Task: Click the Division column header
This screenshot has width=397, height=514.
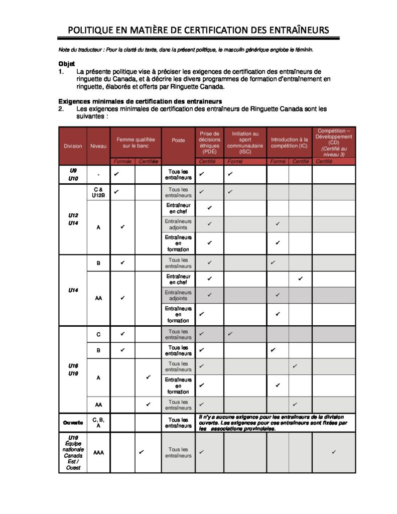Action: pos(73,146)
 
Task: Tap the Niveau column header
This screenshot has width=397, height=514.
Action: pos(98,146)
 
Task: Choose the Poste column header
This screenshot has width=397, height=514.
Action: pos(178,141)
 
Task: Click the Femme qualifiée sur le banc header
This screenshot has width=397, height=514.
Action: pos(136,143)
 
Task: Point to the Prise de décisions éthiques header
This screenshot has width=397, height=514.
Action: pos(209,143)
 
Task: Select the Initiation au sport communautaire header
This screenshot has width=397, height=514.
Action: pos(245,143)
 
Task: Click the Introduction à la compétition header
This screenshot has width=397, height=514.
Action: pos(289,143)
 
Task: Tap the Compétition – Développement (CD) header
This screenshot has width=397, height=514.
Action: pos(334,143)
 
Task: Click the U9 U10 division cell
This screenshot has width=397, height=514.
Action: pos(73,174)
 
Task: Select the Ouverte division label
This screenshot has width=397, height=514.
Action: pos(73,423)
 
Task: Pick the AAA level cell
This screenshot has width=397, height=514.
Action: pos(98,452)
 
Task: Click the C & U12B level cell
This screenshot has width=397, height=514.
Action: pos(98,192)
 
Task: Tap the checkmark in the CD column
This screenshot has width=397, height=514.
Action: pos(334,452)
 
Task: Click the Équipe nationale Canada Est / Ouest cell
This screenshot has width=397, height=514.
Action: pos(73,452)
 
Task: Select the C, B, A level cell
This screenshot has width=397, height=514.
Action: pos(98,423)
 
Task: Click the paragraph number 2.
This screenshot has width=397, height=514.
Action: pos(61,108)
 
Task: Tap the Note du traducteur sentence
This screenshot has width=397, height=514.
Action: pos(186,50)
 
